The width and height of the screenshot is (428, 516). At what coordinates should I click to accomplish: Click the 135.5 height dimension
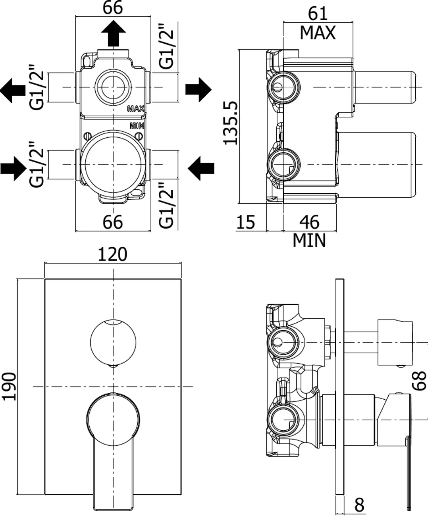[x=230, y=123]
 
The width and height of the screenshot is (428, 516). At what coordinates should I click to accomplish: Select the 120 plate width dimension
[x=112, y=254]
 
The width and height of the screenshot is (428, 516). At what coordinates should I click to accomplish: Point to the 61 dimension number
[x=318, y=13]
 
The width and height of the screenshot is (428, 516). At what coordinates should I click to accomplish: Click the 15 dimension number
[x=245, y=222]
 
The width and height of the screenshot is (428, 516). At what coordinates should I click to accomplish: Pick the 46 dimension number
[x=309, y=222]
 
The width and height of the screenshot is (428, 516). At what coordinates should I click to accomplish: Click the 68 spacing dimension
[x=419, y=381]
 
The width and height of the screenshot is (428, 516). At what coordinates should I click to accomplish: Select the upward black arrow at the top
[x=114, y=33]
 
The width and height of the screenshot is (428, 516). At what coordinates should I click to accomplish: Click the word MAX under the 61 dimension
[x=318, y=33]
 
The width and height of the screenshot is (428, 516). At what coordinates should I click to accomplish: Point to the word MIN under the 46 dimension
[x=309, y=240]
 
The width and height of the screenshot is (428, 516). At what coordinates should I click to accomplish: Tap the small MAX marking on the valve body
[x=136, y=108]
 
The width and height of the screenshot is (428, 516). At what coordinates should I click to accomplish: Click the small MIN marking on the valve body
[x=137, y=126]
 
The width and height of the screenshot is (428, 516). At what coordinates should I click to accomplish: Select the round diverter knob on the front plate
[x=113, y=342]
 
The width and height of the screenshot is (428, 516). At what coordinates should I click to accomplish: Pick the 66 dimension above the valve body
[x=112, y=8]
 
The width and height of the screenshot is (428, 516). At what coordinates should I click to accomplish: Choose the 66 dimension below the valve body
[x=112, y=222]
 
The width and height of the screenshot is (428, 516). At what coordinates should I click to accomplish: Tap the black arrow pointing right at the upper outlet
[x=199, y=89]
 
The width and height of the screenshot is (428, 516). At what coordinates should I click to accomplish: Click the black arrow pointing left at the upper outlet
[x=13, y=90]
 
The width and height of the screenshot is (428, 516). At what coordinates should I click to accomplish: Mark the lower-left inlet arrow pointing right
[x=13, y=169]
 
